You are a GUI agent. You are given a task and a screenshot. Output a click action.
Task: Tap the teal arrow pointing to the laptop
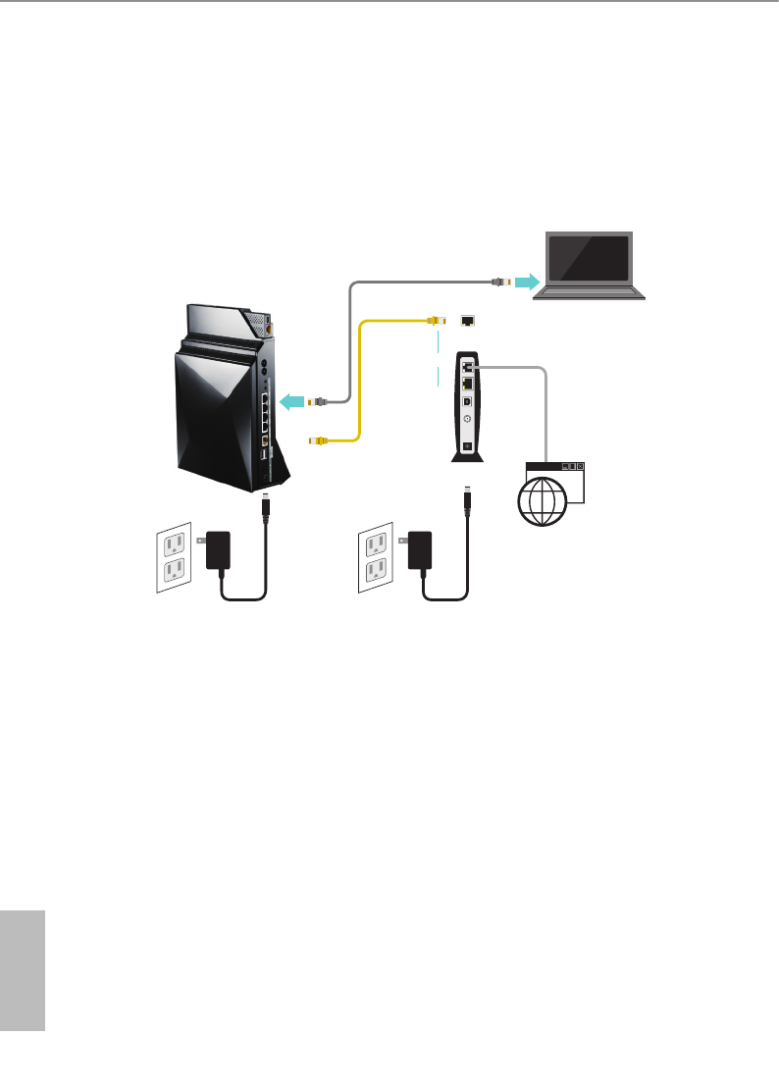pyautogui.click(x=526, y=282)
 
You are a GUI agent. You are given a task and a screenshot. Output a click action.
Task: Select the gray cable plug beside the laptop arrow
pyautogui.click(x=499, y=282)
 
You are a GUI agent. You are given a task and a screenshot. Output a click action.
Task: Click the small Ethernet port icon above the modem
pyautogui.click(x=468, y=320)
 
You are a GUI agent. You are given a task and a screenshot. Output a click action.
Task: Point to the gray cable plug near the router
pyautogui.click(x=317, y=400)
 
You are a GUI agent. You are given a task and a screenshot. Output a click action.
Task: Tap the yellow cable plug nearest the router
pyautogui.click(x=317, y=441)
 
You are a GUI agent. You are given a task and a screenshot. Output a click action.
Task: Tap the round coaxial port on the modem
pyautogui.click(x=467, y=419)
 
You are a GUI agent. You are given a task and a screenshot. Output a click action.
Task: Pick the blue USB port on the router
pyautogui.click(x=265, y=453)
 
